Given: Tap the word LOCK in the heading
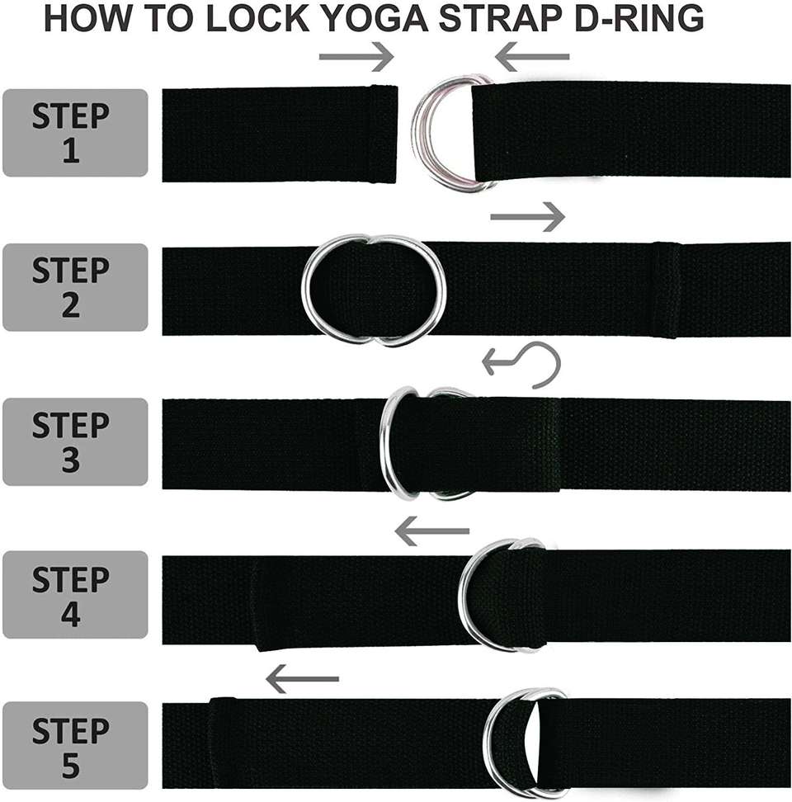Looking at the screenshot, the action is point(257,18).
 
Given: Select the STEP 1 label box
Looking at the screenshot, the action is point(75,133).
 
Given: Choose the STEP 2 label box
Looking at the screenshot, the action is point(75,287).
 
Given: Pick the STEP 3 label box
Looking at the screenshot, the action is point(75,442).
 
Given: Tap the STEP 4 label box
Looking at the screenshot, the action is point(75,595).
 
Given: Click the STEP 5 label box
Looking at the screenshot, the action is point(75,746).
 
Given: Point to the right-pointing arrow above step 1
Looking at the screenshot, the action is point(356,56).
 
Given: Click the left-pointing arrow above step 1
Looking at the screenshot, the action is point(532,56).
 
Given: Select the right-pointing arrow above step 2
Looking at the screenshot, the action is point(528,217).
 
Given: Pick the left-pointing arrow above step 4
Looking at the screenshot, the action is point(432,531).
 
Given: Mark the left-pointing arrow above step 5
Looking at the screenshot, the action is point(302,679).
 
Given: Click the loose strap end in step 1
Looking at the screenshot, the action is point(280,134).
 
